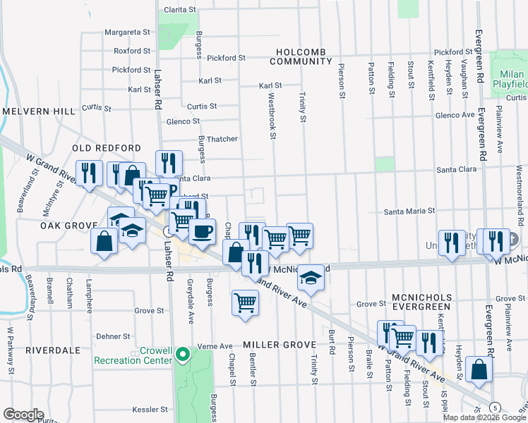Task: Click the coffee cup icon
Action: point(202,231)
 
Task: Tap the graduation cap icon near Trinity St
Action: point(309,277)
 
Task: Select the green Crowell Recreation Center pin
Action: point(183,353)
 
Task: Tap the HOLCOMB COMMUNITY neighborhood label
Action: point(304,57)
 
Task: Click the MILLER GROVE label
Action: point(277,345)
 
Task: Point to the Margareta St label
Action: point(127,32)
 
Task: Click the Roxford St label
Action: point(132,51)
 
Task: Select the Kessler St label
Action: point(150,409)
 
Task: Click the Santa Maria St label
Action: point(409,211)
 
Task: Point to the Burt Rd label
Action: point(331,341)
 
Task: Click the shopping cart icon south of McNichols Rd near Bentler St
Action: point(244,303)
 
